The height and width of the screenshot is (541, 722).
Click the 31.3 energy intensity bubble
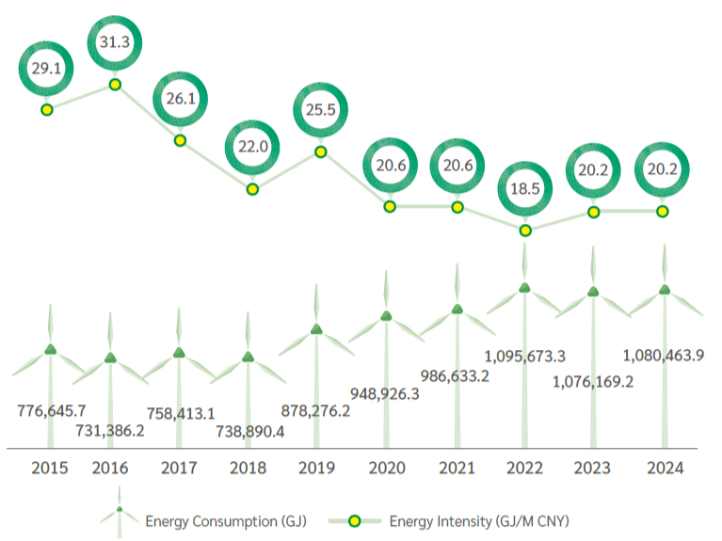point(115,41)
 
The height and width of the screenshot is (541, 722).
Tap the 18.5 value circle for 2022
point(525,188)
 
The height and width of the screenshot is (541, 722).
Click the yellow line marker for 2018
point(252,189)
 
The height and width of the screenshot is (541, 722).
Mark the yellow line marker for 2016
point(115,85)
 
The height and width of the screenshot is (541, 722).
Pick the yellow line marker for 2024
point(663,212)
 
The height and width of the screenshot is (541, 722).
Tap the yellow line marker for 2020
point(389,207)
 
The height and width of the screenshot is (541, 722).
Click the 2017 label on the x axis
point(179,468)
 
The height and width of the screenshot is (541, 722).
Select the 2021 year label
point(457,468)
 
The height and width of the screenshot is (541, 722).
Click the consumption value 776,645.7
point(52,410)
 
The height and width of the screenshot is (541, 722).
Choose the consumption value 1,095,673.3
point(525,356)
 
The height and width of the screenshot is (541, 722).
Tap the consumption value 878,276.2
point(316,410)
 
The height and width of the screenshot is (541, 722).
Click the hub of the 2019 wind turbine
point(317,328)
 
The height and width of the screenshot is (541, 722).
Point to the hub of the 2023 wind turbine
point(593,292)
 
